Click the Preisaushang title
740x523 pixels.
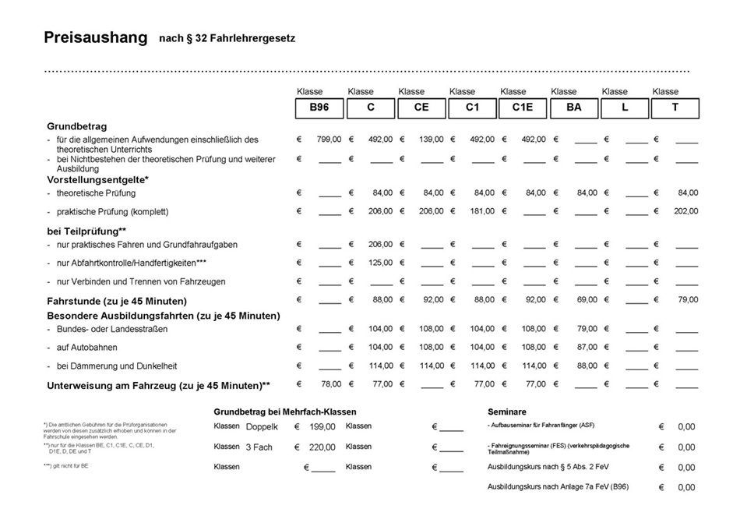[x=95, y=38]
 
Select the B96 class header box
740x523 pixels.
[x=319, y=108]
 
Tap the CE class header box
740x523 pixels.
[x=421, y=108]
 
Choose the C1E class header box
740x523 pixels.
[x=523, y=108]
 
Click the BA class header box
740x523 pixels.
[x=573, y=108]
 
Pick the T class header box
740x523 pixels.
[x=675, y=108]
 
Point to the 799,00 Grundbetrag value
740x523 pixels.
[x=329, y=140]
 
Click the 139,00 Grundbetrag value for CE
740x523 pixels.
[x=431, y=140]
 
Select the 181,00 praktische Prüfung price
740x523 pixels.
[x=482, y=211]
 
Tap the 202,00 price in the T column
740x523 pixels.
[x=686, y=211]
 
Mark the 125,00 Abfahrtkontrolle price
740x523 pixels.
[x=380, y=263]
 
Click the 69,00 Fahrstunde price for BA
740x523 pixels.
[x=587, y=300]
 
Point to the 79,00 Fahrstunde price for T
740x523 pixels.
[x=688, y=300]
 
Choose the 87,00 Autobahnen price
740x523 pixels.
[x=587, y=347]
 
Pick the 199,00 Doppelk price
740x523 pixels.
[x=322, y=427]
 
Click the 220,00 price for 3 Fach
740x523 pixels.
[x=322, y=447]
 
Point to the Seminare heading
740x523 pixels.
[x=507, y=412]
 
